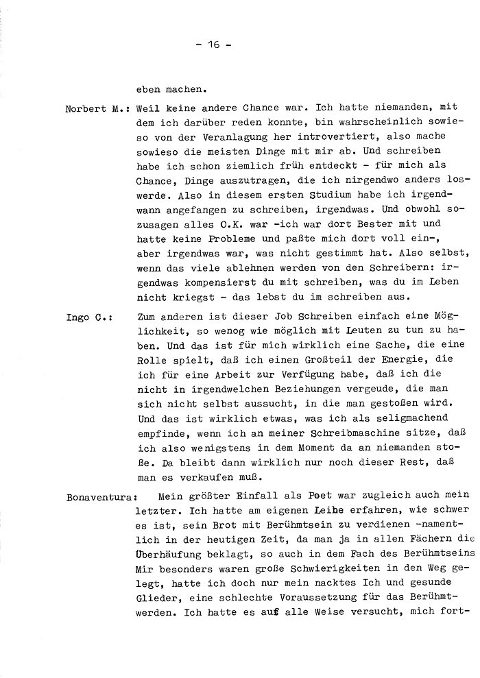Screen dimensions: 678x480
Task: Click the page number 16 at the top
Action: pyautogui.click(x=213, y=44)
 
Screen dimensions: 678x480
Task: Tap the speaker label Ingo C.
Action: pyautogui.click(x=90, y=318)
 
